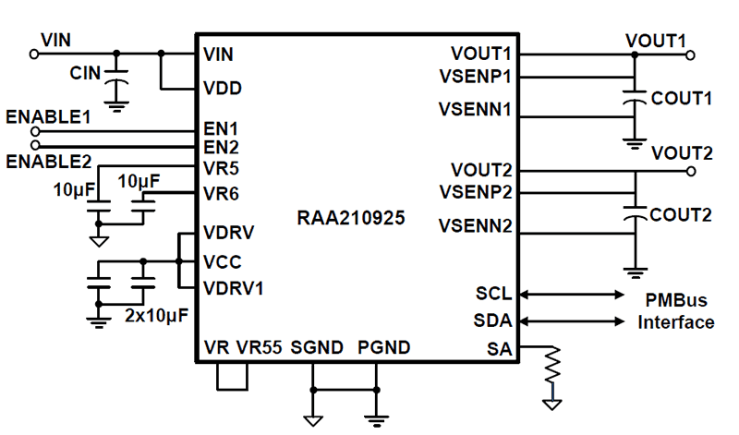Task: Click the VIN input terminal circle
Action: [35, 54]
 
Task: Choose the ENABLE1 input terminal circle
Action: [35, 132]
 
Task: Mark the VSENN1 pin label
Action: [475, 109]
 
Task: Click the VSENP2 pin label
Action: [475, 192]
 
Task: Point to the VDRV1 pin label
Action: [234, 287]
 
